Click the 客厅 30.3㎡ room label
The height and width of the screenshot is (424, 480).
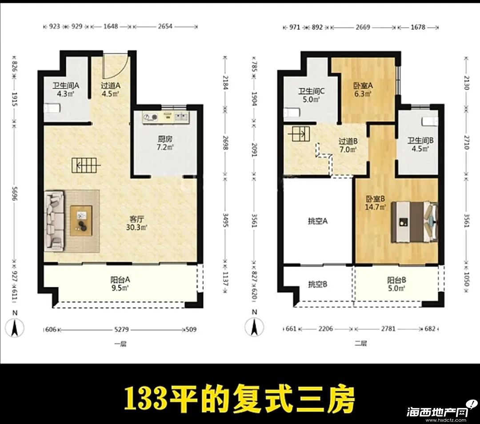(136, 223)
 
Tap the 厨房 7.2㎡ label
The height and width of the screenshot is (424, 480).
(165, 143)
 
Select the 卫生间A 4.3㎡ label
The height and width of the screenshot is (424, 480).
(65, 89)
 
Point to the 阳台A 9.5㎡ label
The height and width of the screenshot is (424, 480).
(120, 283)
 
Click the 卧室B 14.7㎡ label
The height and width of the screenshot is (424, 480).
(375, 203)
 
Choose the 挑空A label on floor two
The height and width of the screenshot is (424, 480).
(318, 221)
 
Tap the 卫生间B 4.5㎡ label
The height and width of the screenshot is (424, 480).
(420, 145)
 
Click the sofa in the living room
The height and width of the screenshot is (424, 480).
(55, 221)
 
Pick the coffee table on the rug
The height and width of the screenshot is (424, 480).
(81, 221)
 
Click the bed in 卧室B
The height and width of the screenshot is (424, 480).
(415, 222)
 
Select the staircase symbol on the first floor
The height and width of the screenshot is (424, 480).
(86, 166)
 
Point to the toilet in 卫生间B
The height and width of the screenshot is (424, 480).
(430, 121)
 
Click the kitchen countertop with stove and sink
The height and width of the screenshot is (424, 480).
(166, 117)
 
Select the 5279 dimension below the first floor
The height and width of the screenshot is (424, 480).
(121, 330)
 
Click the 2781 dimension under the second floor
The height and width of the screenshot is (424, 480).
(388, 329)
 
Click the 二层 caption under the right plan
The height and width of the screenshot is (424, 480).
(360, 343)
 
